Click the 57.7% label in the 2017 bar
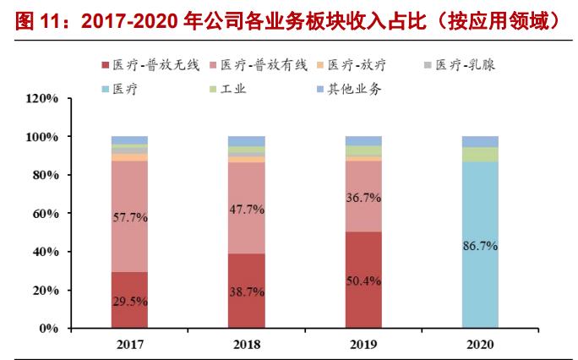coord(129,217)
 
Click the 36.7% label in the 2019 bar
coord(363,197)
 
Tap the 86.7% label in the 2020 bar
coord(480,246)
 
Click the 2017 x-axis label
coord(129,345)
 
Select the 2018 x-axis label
coord(246,345)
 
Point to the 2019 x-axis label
coord(363,345)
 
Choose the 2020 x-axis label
coord(480,345)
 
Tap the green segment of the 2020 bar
coord(480,154)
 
